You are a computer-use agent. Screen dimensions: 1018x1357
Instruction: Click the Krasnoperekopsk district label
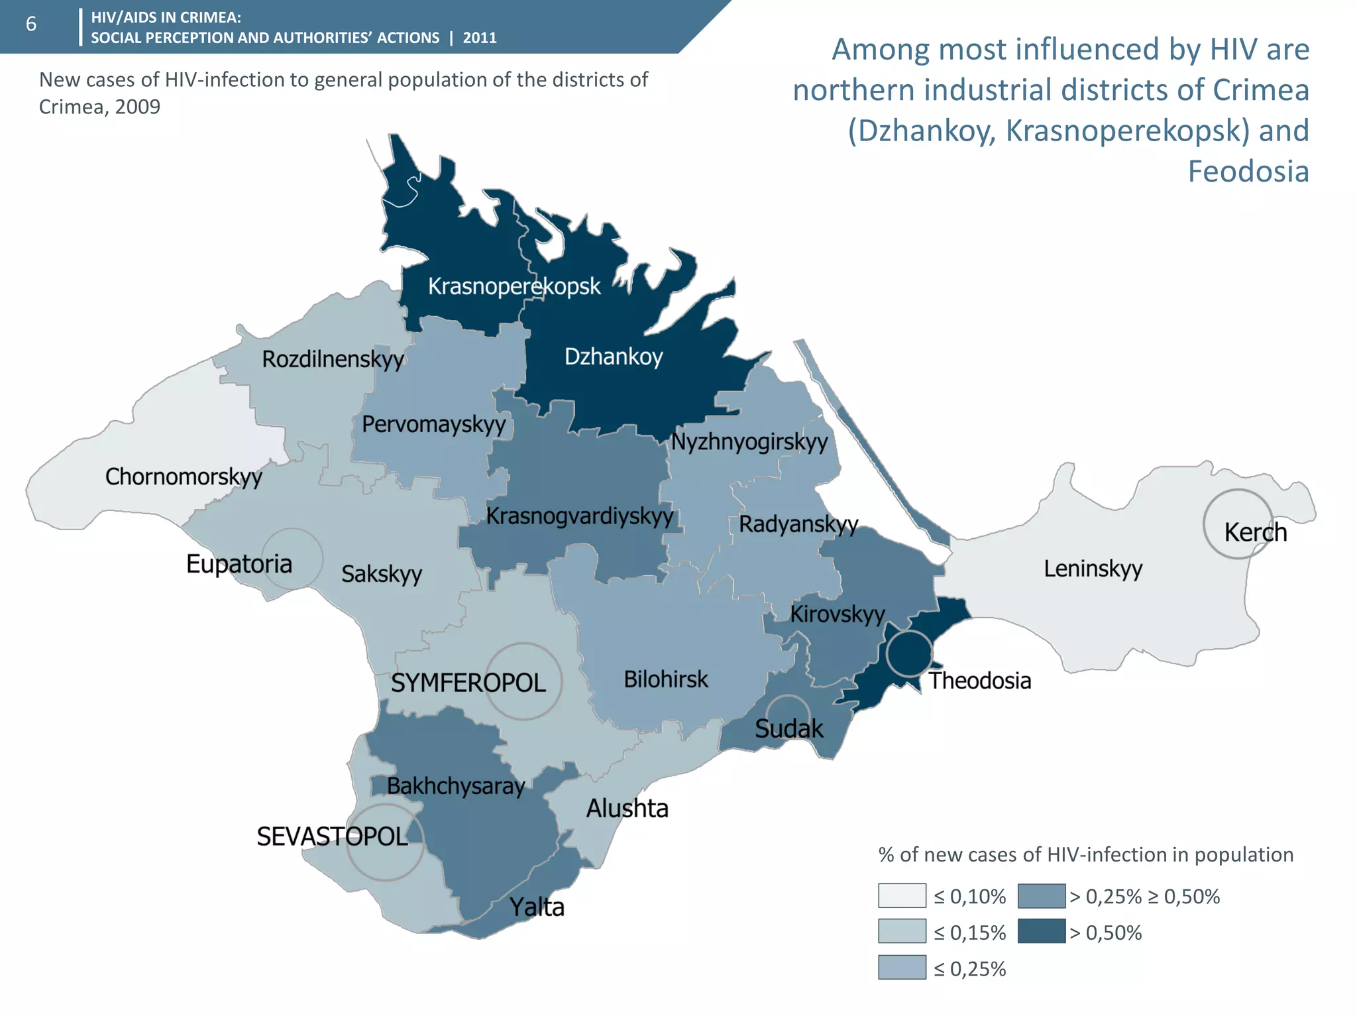(514, 286)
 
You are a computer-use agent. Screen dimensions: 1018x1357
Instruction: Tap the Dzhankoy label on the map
(613, 357)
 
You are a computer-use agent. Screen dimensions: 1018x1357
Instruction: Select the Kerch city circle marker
(1237, 524)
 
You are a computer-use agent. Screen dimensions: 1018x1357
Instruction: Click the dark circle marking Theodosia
(910, 653)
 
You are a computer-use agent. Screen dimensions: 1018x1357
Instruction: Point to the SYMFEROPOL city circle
(523, 681)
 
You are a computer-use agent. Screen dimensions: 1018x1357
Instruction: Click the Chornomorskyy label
(184, 477)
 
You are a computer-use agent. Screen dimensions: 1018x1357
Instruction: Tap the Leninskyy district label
(1093, 569)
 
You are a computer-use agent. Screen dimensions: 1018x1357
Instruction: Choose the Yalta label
(537, 907)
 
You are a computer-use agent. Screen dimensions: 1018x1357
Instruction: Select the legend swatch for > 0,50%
(1041, 931)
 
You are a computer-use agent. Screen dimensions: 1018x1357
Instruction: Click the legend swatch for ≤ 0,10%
(902, 895)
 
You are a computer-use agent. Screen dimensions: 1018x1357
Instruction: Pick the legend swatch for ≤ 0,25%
(902, 967)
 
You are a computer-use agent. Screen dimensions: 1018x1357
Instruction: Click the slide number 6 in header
(31, 25)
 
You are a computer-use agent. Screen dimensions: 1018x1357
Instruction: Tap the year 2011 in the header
(480, 38)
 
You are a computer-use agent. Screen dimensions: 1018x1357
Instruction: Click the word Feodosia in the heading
(1248, 171)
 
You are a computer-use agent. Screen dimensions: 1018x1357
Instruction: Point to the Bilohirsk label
(665, 679)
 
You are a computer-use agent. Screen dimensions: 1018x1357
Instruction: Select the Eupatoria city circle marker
(292, 559)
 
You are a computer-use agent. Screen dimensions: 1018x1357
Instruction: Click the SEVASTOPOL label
(332, 836)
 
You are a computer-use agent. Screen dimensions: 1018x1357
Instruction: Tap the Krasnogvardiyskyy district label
(580, 516)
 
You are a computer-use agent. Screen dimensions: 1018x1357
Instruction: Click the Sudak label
(788, 728)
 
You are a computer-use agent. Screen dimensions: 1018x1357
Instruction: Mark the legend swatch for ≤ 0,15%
(902, 931)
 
